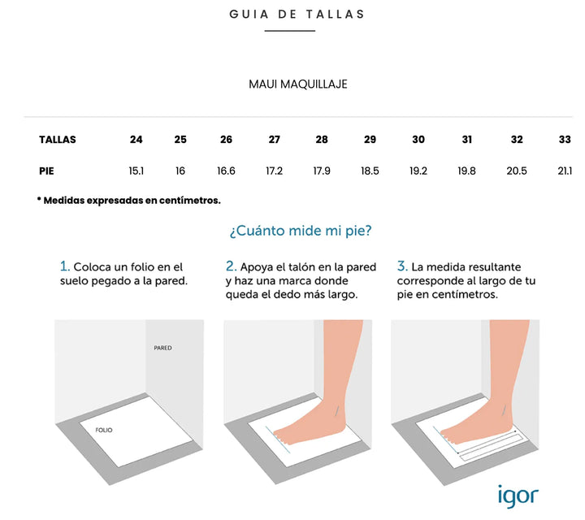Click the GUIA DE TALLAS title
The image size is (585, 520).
(x=297, y=14)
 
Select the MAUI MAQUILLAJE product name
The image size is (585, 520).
(x=297, y=84)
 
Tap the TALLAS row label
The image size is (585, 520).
(x=58, y=140)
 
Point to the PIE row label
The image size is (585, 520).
(x=46, y=171)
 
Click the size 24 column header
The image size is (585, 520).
(x=136, y=140)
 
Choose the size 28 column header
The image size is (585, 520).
(x=322, y=140)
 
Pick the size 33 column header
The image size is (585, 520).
(x=565, y=140)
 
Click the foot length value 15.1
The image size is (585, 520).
(x=136, y=171)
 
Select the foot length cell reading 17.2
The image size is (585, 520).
(x=275, y=171)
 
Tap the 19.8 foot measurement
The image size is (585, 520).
(x=466, y=171)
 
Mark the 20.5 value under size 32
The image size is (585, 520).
(x=517, y=171)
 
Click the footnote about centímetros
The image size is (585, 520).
(x=128, y=201)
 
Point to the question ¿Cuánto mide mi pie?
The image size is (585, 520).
(x=301, y=231)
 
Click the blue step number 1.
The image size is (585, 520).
(x=64, y=266)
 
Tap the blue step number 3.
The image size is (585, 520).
(x=402, y=266)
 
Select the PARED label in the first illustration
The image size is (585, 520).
(x=162, y=348)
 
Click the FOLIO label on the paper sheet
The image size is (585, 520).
(x=104, y=430)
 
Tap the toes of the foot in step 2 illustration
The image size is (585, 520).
(x=279, y=437)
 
